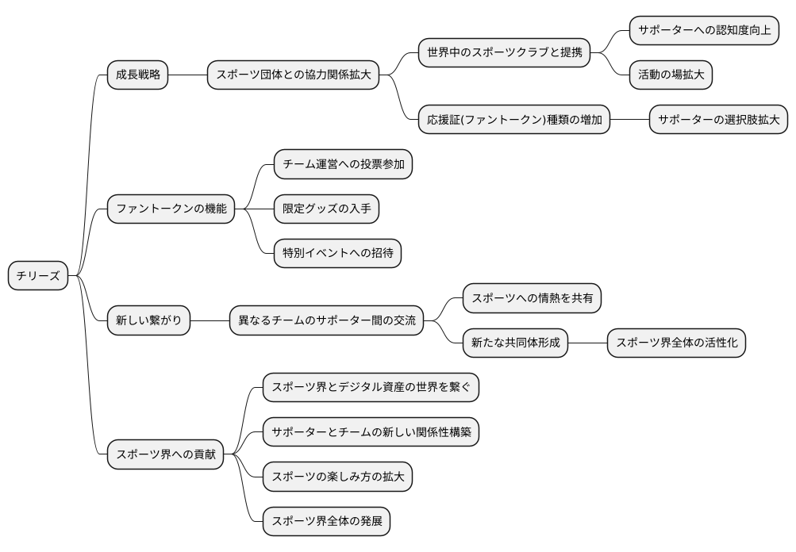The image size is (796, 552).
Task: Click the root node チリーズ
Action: tap(38, 275)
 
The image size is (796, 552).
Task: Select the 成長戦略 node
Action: tap(138, 75)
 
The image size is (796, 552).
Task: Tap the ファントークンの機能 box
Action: tap(171, 209)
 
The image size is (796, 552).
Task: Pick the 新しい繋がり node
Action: tap(148, 320)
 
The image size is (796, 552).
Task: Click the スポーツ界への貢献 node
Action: tap(165, 454)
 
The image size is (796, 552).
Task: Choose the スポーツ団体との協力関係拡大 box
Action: tap(293, 75)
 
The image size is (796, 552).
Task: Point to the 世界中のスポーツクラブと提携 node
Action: tap(504, 53)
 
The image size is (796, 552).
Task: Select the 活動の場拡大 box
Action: tap(671, 75)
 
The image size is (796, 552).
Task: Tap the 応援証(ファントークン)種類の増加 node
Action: tap(514, 121)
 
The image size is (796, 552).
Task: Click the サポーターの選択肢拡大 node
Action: tap(718, 121)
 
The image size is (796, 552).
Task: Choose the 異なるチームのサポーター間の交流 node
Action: tap(327, 320)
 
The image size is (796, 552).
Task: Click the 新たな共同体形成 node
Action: tap(515, 343)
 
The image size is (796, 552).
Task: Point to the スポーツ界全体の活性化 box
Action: tap(677, 343)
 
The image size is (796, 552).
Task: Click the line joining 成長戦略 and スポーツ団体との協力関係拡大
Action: tap(188, 75)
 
